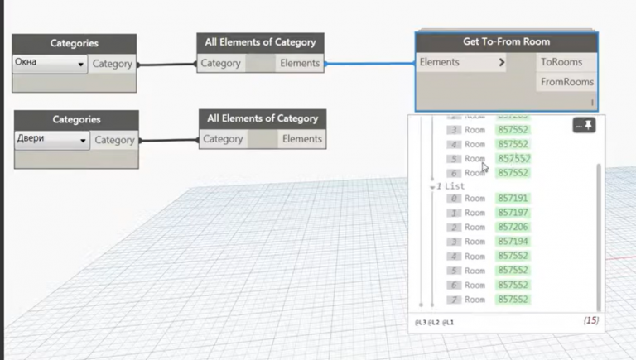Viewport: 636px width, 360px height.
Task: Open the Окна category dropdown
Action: pos(50,63)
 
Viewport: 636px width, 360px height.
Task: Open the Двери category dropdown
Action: pos(51,140)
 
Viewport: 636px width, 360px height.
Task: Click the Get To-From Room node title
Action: pos(506,41)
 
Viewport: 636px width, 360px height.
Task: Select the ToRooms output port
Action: pos(561,62)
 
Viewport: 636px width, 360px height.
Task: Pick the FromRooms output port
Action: pos(566,82)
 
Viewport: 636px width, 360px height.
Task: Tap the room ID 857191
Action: pos(513,199)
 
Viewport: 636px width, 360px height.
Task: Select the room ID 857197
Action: pos(513,213)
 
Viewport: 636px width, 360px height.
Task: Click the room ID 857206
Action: pos(513,227)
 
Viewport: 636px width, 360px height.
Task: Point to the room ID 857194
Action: pos(513,242)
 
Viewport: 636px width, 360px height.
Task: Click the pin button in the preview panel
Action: pos(585,125)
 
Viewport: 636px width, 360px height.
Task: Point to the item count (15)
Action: pos(590,320)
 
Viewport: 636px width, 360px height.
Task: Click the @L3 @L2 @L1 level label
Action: pos(435,321)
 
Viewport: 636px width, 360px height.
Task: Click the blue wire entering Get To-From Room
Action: pos(370,63)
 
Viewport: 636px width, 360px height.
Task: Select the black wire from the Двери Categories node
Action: pos(169,140)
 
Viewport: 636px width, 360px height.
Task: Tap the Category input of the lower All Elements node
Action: pos(223,139)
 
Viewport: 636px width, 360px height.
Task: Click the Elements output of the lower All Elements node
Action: pos(301,139)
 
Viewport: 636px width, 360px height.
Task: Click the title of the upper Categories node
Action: pos(74,43)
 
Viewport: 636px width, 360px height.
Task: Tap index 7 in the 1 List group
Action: pos(452,300)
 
